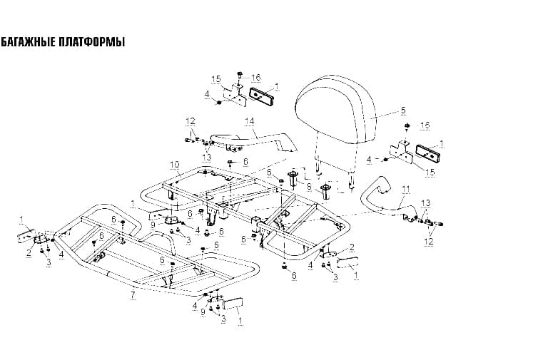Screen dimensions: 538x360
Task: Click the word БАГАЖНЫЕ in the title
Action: tap(27, 42)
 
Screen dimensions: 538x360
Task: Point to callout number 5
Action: tap(403, 110)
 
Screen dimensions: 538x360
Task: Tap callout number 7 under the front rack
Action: tap(133, 294)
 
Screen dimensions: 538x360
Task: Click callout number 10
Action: tap(175, 165)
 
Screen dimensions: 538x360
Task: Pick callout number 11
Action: tap(406, 189)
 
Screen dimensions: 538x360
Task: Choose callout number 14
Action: tap(250, 121)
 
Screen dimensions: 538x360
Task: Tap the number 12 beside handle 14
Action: tap(191, 121)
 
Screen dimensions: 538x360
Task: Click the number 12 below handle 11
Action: tap(429, 241)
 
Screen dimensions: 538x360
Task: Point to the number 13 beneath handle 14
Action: tap(206, 157)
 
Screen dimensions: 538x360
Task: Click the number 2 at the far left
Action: tap(29, 253)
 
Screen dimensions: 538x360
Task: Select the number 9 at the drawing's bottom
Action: tap(203, 312)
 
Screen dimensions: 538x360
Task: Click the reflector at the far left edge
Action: tap(26, 236)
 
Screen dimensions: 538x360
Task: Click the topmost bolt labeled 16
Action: tap(239, 74)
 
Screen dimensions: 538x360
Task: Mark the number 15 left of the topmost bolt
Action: tap(216, 80)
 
